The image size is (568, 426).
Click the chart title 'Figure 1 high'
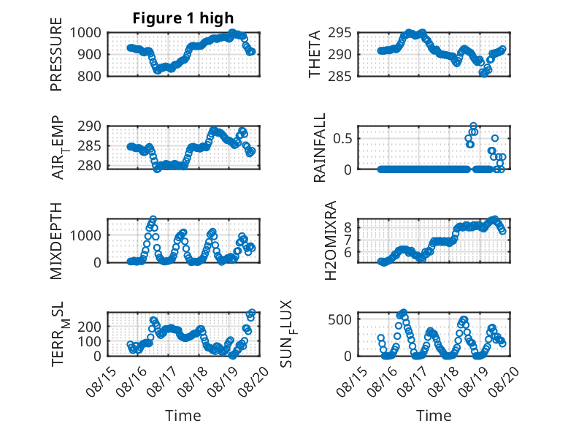[183, 18]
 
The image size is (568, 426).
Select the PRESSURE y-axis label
[56, 54]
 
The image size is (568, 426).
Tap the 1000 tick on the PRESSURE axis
[85, 33]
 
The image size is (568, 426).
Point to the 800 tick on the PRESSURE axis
[90, 76]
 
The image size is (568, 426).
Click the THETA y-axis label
[315, 54]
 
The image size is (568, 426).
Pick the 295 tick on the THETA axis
[339, 33]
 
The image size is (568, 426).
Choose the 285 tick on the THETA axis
[339, 76]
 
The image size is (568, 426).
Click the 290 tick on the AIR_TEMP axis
[90, 126]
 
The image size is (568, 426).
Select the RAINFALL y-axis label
[320, 148]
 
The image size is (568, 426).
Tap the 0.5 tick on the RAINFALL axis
[343, 139]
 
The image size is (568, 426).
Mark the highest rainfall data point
[473, 126]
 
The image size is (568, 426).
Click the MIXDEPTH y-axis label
[56, 240]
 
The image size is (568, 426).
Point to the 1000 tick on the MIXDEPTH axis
[85, 235]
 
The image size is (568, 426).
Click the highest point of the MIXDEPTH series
[153, 219]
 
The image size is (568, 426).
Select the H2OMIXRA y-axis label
[331, 240]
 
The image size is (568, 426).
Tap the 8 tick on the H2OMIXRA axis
[348, 227]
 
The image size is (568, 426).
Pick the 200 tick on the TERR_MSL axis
[90, 327]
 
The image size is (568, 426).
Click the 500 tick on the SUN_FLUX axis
[339, 319]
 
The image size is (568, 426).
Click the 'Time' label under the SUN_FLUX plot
[434, 416]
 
